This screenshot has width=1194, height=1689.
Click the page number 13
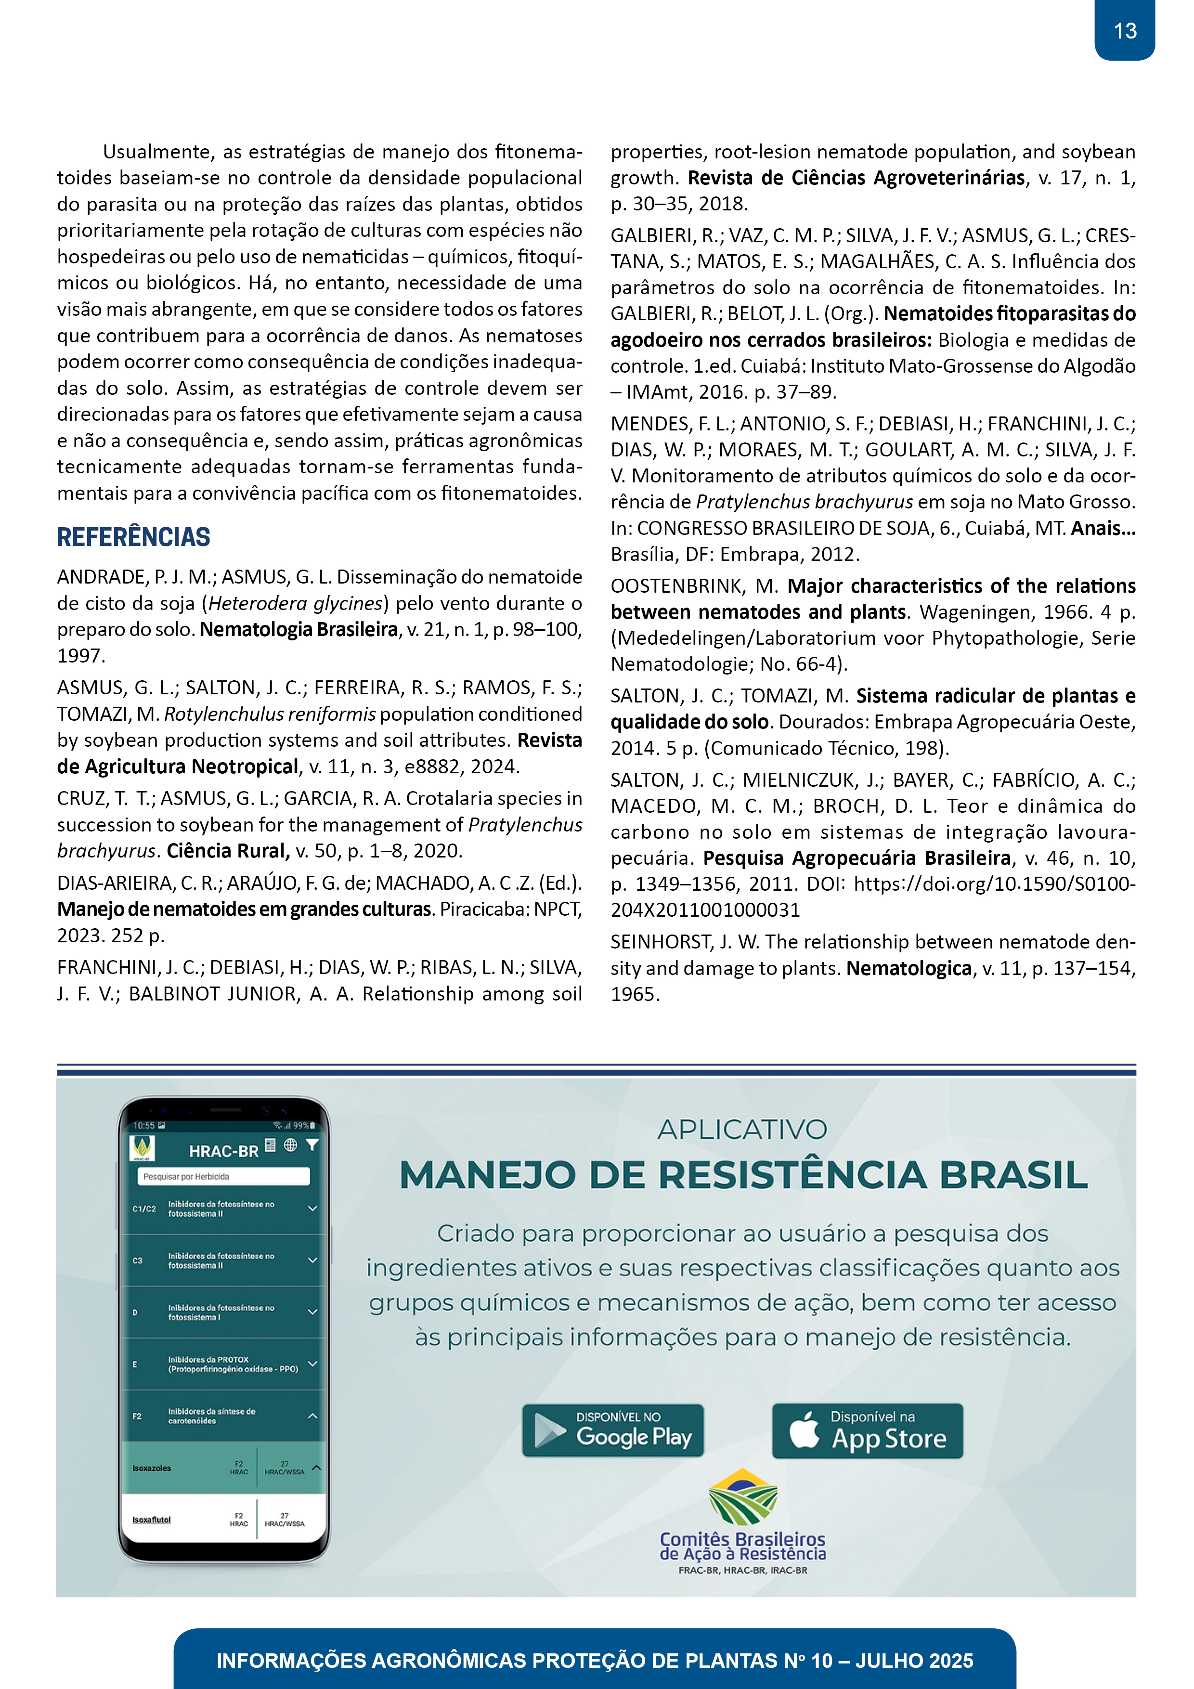tap(1124, 31)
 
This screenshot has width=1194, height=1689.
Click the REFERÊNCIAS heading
tap(134, 537)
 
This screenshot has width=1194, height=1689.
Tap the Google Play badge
tap(613, 1430)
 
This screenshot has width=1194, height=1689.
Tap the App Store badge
tap(868, 1430)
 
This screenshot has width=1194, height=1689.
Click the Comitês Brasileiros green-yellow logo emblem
tap(743, 1497)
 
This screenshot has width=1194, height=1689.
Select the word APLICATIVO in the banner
tap(742, 1129)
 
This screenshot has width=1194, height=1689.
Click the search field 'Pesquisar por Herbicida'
tap(224, 1176)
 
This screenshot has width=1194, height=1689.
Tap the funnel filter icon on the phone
tap(312, 1144)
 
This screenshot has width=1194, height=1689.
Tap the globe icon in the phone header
tap(291, 1144)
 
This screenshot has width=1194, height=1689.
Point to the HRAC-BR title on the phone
tap(224, 1151)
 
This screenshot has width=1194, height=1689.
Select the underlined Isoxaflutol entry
tap(152, 1519)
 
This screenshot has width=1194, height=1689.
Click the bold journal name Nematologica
tap(908, 968)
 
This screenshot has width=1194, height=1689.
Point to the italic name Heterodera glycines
tap(296, 603)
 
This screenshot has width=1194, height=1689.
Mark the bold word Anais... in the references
tap(1103, 528)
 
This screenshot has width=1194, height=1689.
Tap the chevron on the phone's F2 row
tap(312, 1416)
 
